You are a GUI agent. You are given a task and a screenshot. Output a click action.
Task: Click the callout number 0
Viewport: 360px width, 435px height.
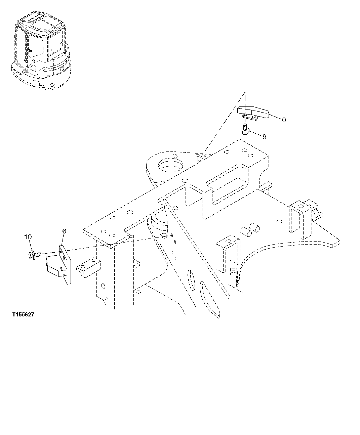tap(284, 120)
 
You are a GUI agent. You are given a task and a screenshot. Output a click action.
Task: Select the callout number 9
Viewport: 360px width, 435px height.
tap(264, 137)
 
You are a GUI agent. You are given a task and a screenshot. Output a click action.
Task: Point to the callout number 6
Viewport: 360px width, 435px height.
tap(64, 231)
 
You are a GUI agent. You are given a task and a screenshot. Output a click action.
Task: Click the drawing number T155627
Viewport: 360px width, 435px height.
tap(23, 315)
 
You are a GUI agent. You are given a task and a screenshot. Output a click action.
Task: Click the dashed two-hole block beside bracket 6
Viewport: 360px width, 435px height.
tap(88, 267)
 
